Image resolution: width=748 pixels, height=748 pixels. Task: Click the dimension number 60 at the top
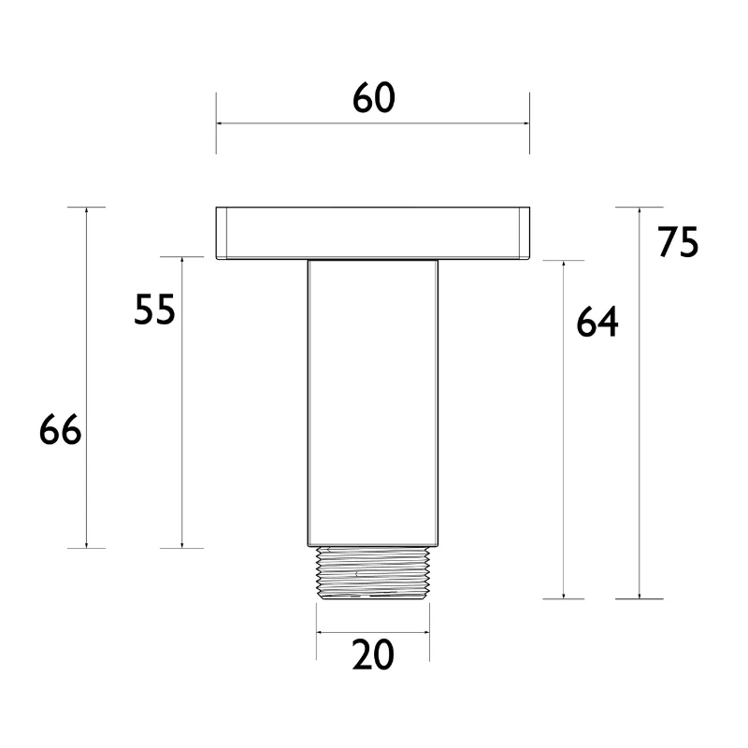pyautogui.click(x=373, y=98)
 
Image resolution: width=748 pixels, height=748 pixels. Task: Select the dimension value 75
pyautogui.click(x=678, y=242)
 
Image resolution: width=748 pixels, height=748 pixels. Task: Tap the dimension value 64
pyautogui.click(x=597, y=323)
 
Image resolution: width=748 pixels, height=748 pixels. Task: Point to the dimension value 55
pyautogui.click(x=154, y=309)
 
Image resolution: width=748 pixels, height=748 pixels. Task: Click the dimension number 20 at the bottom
pyautogui.click(x=373, y=656)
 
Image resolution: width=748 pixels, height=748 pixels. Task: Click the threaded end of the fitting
pyautogui.click(x=373, y=572)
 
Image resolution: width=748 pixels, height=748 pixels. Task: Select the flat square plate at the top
pyautogui.click(x=373, y=233)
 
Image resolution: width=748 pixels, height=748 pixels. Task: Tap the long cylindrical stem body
pyautogui.click(x=373, y=402)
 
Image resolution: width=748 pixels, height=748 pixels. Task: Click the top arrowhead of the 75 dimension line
pyautogui.click(x=640, y=211)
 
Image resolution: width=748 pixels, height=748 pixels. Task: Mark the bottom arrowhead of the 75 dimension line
pyautogui.click(x=640, y=594)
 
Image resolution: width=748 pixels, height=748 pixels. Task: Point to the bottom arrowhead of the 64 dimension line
pyautogui.click(x=564, y=594)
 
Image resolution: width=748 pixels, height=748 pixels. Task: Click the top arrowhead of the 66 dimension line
pyautogui.click(x=87, y=211)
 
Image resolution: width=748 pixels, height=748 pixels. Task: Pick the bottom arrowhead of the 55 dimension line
pyautogui.click(x=180, y=543)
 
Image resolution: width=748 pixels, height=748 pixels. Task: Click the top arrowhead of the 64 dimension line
pyautogui.click(x=564, y=266)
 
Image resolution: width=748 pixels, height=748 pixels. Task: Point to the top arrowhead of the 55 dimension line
pyautogui.click(x=180, y=262)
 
